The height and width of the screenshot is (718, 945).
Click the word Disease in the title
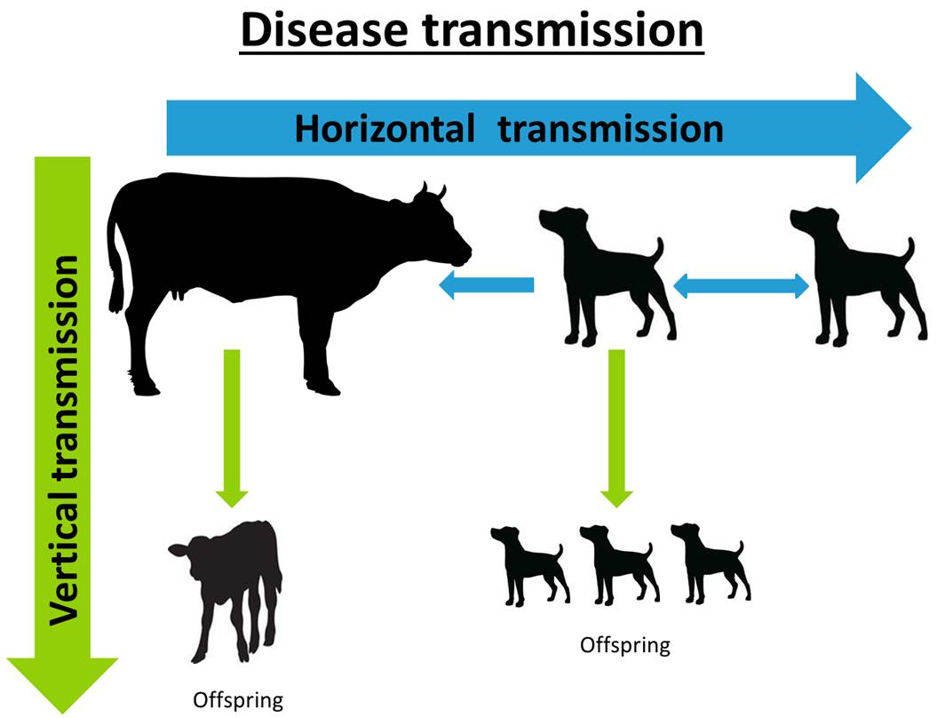pos(324,30)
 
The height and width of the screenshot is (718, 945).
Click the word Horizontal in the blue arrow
pos(385,129)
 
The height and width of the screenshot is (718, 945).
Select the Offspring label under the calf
pos(238,700)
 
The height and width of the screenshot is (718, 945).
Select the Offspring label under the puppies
pos(625,645)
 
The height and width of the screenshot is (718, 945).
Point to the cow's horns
pos(430,192)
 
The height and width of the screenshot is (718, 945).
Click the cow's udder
pos(179,293)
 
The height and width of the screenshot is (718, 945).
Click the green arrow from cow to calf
pos(232,428)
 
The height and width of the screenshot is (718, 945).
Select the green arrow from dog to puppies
pos(616,428)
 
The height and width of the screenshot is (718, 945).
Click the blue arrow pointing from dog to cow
pos(486,284)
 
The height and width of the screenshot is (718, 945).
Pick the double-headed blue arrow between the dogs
pos(741,286)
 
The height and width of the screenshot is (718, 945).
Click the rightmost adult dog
pos(856,276)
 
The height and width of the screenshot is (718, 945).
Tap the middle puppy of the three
pos(618,564)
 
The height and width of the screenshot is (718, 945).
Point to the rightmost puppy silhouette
pos(710,563)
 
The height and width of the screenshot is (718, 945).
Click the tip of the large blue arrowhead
pos(911,128)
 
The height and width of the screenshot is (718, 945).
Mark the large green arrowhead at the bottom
pos(62,685)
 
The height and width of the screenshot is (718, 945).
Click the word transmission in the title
pos(563,30)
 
